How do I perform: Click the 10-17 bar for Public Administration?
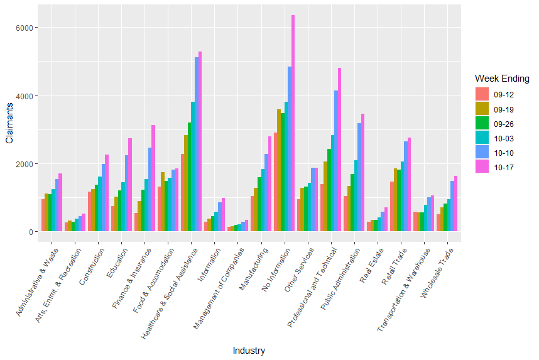(362, 173)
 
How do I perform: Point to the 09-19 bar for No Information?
(279, 170)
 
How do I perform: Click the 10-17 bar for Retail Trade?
(409, 185)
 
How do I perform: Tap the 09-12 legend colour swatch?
(482, 95)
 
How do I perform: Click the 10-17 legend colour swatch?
(482, 168)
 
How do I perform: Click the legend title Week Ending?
(502, 79)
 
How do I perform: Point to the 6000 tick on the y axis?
(28, 28)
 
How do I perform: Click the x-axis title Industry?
(249, 351)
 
